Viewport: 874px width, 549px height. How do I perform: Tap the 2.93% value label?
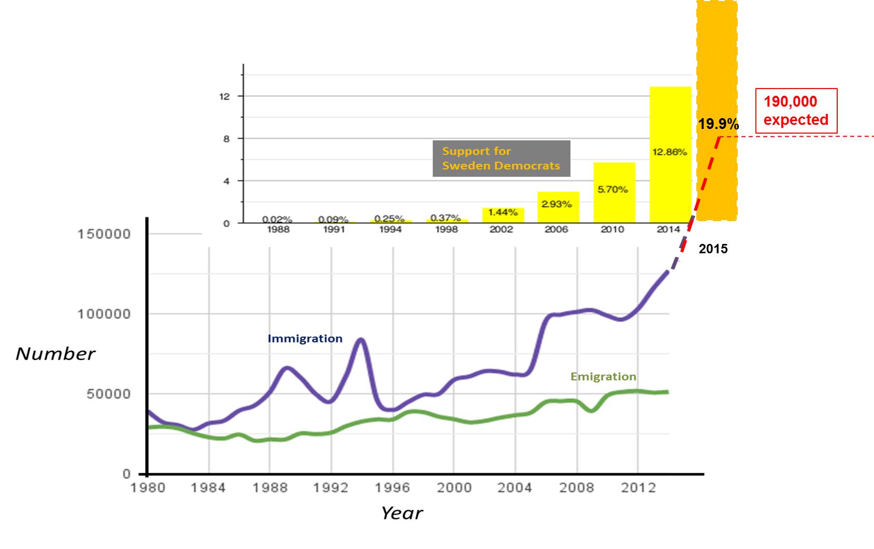[x=556, y=204]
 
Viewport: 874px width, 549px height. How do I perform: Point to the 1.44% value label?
[x=503, y=212]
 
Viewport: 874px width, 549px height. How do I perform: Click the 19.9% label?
[x=718, y=124]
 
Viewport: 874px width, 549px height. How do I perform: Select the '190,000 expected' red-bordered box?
[x=796, y=111]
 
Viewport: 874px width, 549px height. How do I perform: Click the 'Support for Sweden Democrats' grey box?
[x=501, y=158]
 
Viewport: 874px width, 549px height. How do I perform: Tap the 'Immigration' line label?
[x=305, y=339]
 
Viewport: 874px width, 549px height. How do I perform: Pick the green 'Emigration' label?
[x=603, y=377]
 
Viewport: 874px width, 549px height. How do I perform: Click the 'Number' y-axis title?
[x=55, y=354]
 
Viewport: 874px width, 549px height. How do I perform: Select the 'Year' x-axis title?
[x=402, y=513]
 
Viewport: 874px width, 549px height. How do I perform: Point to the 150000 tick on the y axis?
[x=104, y=234]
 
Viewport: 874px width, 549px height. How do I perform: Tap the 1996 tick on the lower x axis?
[x=393, y=488]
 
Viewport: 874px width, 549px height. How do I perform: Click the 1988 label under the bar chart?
[x=278, y=229]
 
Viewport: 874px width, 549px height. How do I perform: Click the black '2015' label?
[x=713, y=249]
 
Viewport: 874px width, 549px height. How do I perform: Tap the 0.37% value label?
[x=446, y=218]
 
